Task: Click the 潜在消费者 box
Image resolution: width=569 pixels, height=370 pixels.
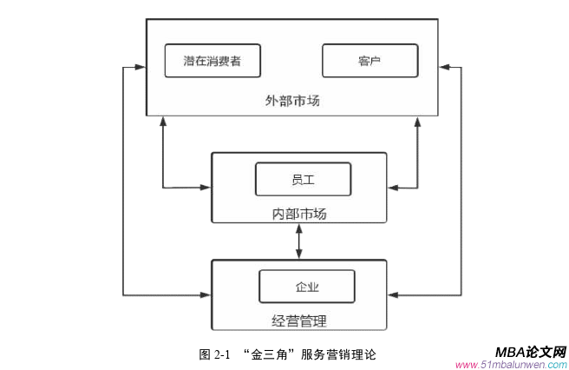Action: tap(213, 61)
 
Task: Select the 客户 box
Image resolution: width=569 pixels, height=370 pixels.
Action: tap(370, 61)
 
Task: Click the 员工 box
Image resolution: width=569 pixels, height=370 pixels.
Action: tap(302, 179)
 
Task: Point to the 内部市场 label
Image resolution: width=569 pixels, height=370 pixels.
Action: tap(298, 213)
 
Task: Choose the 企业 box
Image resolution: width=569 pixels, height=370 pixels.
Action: tap(306, 287)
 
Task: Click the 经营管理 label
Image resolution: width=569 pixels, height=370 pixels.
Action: tap(298, 321)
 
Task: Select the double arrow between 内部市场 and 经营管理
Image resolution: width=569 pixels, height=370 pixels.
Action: tap(299, 241)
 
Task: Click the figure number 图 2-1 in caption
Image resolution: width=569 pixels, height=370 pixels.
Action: tap(213, 354)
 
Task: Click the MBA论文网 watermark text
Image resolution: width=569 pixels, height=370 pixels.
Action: tap(530, 352)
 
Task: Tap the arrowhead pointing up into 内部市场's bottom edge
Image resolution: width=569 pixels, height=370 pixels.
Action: tap(299, 228)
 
